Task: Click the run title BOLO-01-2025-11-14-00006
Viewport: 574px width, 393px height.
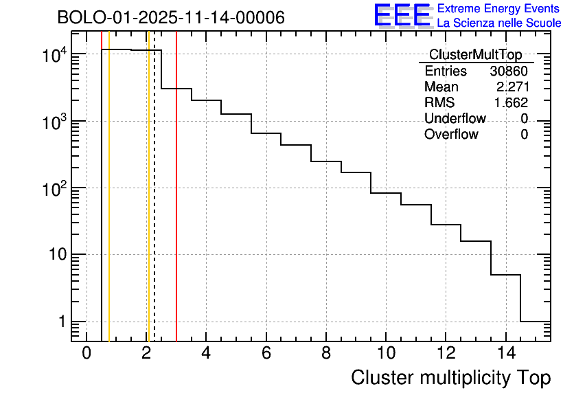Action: [171, 18]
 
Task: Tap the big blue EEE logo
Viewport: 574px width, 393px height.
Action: [402, 15]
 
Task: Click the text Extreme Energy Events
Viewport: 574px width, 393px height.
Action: [498, 9]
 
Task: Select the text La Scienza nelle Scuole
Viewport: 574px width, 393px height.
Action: [498, 23]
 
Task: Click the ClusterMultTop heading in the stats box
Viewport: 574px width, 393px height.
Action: [475, 55]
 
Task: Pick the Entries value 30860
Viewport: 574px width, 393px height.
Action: [509, 71]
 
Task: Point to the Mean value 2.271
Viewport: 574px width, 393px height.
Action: [512, 87]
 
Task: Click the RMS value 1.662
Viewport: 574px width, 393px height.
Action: [512, 103]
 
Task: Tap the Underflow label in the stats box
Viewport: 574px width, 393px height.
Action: [455, 119]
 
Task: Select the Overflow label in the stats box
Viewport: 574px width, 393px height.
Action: [451, 135]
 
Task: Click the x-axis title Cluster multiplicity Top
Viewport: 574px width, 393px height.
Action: [450, 378]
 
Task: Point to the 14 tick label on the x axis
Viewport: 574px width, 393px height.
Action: [505, 354]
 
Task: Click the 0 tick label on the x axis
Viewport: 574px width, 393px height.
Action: [87, 354]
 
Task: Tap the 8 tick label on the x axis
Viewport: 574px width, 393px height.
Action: [325, 354]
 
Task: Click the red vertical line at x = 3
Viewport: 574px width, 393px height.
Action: [176, 206]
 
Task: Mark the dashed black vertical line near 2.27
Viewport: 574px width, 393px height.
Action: [154, 206]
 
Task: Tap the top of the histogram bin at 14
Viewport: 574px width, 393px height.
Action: [505, 275]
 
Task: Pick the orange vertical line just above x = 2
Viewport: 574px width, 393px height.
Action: [148, 206]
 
